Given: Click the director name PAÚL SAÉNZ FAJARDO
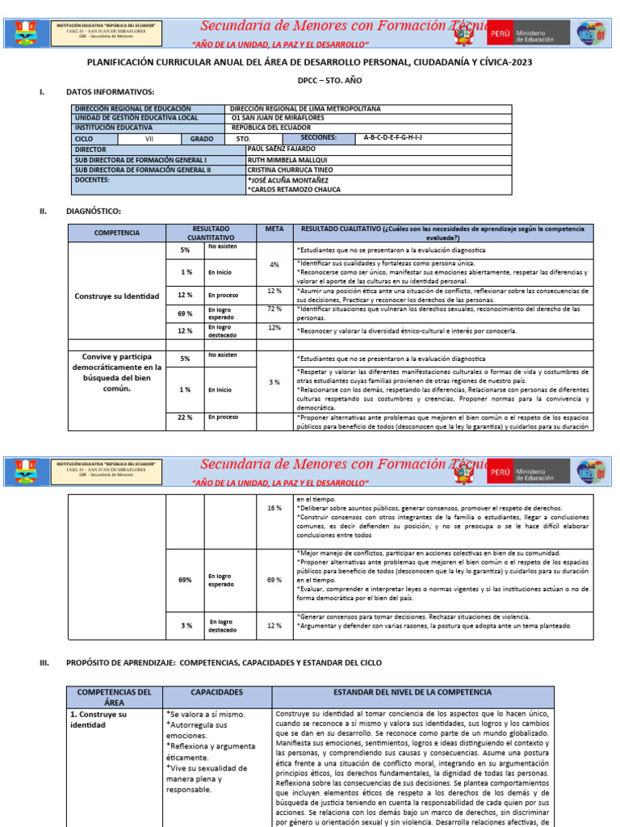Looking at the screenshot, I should click(x=282, y=149).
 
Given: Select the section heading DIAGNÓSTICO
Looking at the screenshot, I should click(x=93, y=211).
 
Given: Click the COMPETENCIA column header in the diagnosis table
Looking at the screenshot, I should click(x=116, y=233).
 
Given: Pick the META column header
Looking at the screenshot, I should click(x=274, y=229).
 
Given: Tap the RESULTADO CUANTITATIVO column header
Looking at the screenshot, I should click(x=211, y=233).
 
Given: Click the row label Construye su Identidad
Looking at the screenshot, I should click(x=116, y=296).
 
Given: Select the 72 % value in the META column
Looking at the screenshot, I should click(x=274, y=309).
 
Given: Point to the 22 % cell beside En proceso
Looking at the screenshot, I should click(x=185, y=417).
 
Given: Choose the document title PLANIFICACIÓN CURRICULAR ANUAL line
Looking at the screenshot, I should click(x=309, y=62).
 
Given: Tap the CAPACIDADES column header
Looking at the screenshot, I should click(x=216, y=692).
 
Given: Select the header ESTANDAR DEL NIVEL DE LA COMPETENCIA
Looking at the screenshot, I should click(x=413, y=692).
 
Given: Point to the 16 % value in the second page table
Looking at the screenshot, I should click(x=274, y=508).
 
